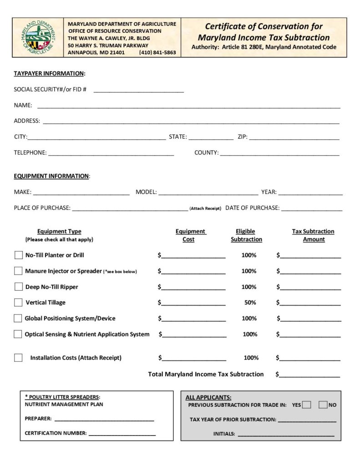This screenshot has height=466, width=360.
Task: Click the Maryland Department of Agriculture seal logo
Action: point(39,37)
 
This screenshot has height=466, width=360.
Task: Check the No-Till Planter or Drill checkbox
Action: point(18,255)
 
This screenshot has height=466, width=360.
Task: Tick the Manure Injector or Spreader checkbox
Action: point(18,271)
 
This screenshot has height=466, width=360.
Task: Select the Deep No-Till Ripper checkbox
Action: point(18,287)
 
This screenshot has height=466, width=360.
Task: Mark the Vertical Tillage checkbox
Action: point(18,302)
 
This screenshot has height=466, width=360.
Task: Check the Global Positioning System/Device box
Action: point(18,318)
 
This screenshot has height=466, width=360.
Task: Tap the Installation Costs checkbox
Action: point(18,358)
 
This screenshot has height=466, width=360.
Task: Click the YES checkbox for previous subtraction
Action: point(307,405)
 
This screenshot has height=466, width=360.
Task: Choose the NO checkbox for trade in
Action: point(323,405)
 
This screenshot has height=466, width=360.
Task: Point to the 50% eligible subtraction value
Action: point(250,303)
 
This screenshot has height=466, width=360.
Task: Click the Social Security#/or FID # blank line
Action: point(139,90)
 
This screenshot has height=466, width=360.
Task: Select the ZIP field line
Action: point(294,137)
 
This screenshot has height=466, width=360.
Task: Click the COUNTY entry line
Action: point(280,153)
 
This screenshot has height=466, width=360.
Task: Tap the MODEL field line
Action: point(208,192)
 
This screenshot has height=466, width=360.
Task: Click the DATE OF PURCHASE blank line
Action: point(311,208)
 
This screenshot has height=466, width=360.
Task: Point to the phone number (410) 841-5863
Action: point(157,52)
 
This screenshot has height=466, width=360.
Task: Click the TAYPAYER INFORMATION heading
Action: point(49,74)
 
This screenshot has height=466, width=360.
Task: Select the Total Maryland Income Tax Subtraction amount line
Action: point(310,375)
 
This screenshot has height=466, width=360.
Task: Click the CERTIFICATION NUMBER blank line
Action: point(122,434)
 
